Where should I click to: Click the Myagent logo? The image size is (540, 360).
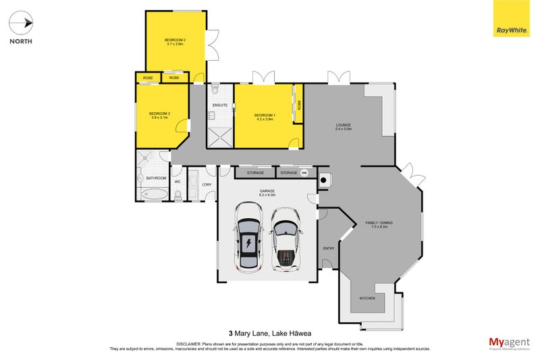(510, 342)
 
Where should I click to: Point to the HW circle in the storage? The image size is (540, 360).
(304, 173)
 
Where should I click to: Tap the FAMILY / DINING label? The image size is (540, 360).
(379, 224)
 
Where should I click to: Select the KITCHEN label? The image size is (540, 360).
(367, 298)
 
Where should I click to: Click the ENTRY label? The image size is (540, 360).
(329, 249)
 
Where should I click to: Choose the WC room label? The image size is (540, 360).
(178, 182)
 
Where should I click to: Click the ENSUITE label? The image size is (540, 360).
(219, 106)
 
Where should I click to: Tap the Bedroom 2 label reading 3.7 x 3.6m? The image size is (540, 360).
(175, 42)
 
